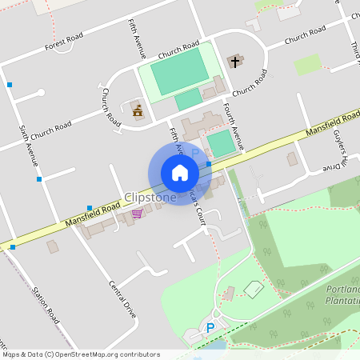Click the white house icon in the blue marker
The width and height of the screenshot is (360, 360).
(180, 173)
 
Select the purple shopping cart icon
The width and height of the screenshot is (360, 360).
(138, 213)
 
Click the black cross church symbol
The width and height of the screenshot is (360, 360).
(235, 61)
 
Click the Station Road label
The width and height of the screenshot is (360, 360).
(46, 303)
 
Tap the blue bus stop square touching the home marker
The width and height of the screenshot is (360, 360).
(208, 164)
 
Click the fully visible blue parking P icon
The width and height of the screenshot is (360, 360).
(210, 327)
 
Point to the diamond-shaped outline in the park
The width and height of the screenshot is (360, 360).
(254, 289)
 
